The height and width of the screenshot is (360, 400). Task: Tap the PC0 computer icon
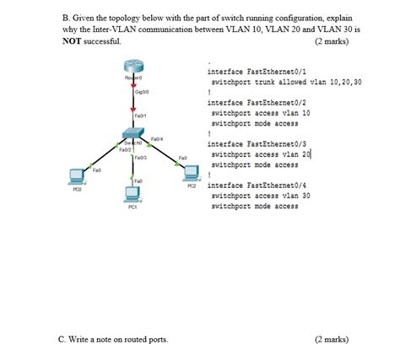76,177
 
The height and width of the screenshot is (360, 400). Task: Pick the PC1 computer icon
132,195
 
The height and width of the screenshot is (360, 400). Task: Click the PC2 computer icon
192,173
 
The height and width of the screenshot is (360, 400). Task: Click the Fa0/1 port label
140,116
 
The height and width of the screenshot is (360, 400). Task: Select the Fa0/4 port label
157,138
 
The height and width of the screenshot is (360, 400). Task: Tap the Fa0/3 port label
140,158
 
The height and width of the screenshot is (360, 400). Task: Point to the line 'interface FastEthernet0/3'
251,143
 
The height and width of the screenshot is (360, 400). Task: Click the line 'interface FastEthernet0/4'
251,185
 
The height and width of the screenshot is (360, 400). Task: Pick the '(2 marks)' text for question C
330,340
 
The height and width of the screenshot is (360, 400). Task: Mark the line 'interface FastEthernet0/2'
251,102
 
